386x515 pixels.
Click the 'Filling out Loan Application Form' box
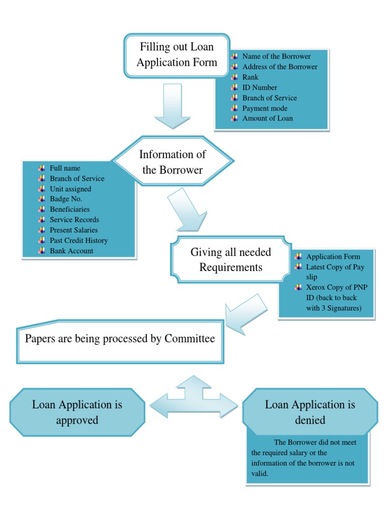pos(176,55)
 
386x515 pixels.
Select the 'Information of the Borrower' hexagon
pos(172,162)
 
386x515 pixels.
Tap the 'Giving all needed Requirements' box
pos(230,260)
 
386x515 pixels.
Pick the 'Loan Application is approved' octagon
pos(77,412)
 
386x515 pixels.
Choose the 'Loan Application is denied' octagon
pos(310,412)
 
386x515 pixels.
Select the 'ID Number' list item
pos(259,88)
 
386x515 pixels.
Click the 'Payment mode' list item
pos(265,108)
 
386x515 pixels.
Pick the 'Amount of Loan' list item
pos(267,118)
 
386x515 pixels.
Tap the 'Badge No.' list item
pos(66,199)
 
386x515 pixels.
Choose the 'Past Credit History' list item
pos(78,240)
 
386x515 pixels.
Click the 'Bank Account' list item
pos(71,251)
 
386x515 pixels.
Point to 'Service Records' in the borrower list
pos(74,220)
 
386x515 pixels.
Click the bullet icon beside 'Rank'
pos(234,77)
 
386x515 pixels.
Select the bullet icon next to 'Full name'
pos(42,168)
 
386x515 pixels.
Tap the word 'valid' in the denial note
pos(259,474)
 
